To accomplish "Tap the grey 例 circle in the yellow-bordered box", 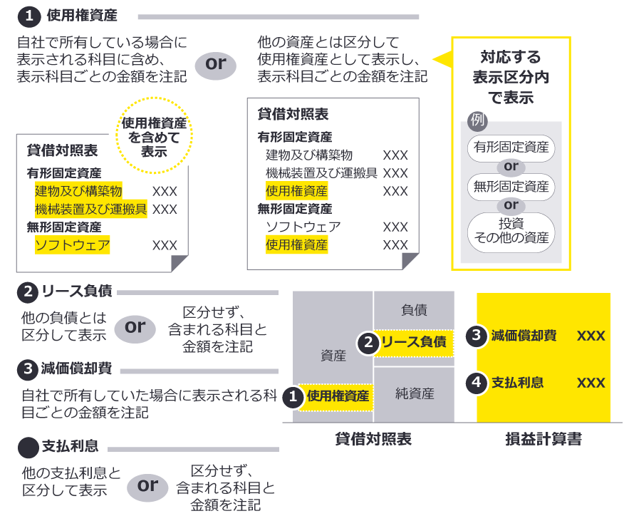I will [477, 120].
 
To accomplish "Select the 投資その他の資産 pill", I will [511, 232].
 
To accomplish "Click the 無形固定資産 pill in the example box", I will [511, 187].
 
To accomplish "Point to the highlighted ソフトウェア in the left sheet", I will [73, 245].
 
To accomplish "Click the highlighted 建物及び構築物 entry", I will [78, 191].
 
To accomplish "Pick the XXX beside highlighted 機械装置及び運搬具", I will [165, 209].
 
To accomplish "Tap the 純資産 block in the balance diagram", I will [415, 393].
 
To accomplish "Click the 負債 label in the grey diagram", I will [414, 309].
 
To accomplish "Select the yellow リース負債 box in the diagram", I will [413, 342].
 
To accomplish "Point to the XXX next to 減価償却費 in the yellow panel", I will [591, 336].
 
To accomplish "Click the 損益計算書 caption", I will [543, 439].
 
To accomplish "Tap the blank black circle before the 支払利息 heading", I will [27, 447].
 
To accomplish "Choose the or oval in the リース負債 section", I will [135, 327].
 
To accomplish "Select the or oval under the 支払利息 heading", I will [147, 486].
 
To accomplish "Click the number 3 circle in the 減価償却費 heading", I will [27, 369].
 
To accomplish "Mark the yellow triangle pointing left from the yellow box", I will [442, 58].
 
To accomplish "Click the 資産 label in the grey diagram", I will [333, 355].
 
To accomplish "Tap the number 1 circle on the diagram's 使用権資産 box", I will [292, 397].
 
